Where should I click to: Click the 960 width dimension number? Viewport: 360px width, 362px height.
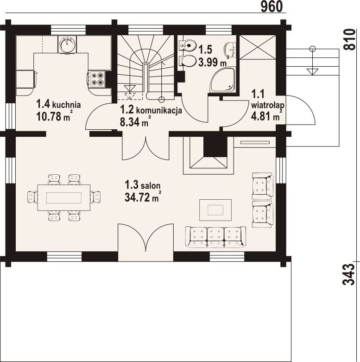pos(272,6)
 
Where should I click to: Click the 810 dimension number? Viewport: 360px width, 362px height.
pos(349,39)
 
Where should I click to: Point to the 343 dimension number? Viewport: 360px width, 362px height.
pos(349,274)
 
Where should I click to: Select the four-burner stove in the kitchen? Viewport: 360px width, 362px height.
pos(97,79)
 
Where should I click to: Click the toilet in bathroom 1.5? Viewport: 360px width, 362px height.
pos(188,61)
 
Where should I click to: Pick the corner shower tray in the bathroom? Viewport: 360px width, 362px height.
pos(222,80)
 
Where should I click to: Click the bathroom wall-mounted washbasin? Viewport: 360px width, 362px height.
pos(230,50)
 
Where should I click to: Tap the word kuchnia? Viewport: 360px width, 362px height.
pos(66,105)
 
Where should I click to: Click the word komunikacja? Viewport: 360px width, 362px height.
pos(159,110)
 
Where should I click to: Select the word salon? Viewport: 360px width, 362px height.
pos(151,185)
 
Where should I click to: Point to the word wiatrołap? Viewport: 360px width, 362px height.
pos(267,105)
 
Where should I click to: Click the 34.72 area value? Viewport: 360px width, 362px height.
pos(138,197)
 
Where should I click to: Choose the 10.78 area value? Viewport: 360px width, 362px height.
pos(49,117)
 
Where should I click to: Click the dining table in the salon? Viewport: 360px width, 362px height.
pos(63,197)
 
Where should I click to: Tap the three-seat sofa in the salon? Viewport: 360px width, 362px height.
pos(215,237)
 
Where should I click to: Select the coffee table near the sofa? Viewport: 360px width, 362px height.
pos(215,210)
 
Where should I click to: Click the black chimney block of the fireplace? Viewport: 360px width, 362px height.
pos(215,147)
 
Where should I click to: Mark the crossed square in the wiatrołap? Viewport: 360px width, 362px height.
pos(258,47)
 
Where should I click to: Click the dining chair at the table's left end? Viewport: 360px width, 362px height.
pos(32,197)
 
